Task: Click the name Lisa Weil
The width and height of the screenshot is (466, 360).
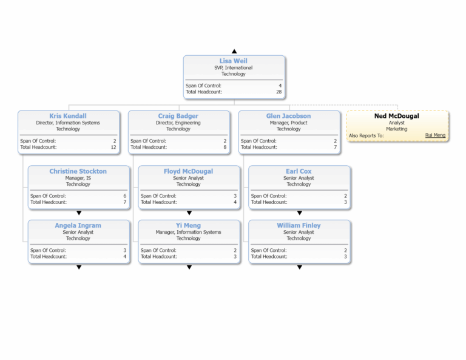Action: point(234,61)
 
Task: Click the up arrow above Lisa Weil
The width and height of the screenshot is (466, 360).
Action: point(234,52)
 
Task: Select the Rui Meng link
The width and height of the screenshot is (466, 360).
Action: point(435,135)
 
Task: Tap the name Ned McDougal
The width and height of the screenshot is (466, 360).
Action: point(397,116)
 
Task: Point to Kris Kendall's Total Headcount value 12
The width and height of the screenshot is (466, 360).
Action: point(113,147)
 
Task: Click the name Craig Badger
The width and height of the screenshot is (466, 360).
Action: point(178,116)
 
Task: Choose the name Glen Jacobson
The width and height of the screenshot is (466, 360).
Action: point(288,116)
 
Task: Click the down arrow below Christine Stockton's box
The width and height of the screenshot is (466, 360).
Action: point(79,213)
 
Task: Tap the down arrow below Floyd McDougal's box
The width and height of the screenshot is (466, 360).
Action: point(189,213)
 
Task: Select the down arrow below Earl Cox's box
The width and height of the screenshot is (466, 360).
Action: point(299,213)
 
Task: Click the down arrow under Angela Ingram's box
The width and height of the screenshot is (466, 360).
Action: point(79,267)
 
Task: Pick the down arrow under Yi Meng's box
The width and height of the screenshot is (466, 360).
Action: point(189,267)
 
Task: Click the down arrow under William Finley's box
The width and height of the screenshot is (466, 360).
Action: point(299,267)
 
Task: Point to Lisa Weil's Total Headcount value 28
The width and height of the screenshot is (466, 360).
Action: point(279,92)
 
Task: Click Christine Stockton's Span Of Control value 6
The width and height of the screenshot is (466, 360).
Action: point(124,196)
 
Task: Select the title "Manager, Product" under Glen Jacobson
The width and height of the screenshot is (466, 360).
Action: point(288,123)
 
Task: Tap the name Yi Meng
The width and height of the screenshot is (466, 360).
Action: point(189,225)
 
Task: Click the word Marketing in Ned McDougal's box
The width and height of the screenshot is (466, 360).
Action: point(397,129)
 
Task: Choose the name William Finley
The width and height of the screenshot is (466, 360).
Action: point(299,225)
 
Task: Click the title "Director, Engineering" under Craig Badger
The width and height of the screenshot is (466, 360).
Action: point(178,123)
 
